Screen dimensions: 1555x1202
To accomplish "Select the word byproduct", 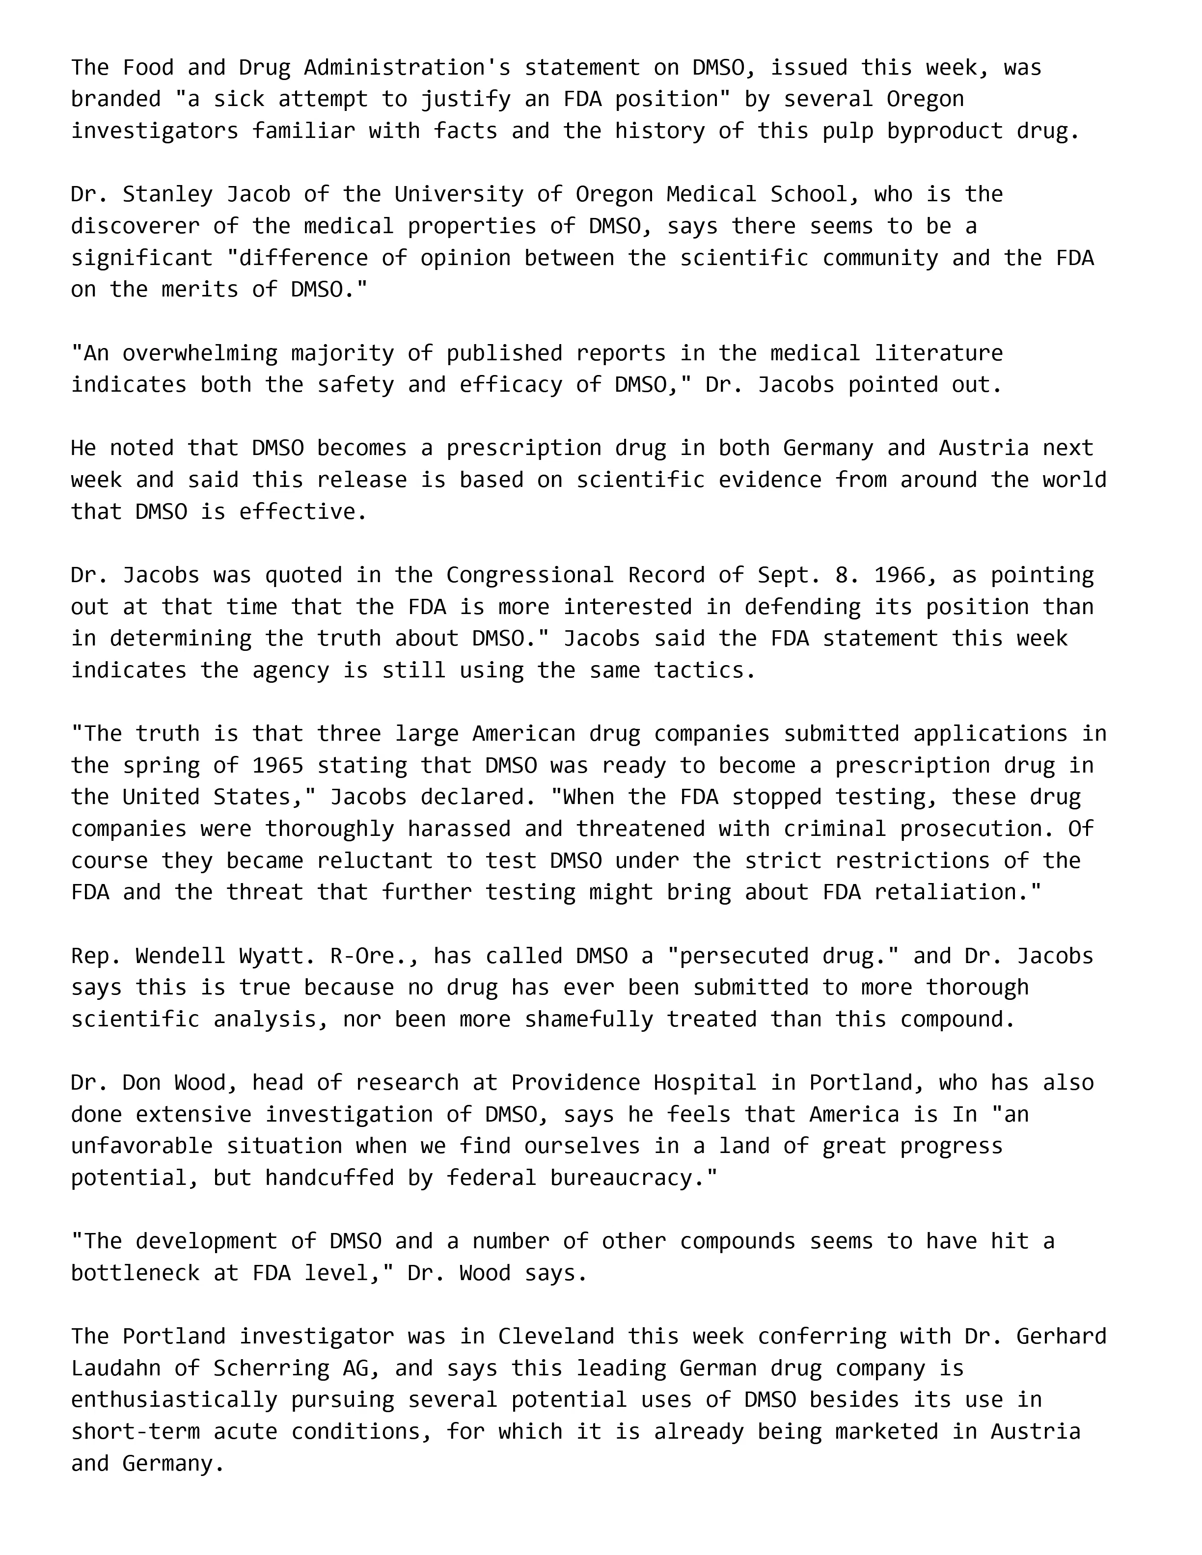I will point(944,131).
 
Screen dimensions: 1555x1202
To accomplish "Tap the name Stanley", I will point(167,194).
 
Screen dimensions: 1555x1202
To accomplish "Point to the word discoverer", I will point(136,226).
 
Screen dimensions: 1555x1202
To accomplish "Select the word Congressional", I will point(530,575).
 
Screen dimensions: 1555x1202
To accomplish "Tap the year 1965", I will point(278,765).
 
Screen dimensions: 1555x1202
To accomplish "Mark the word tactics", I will point(705,670).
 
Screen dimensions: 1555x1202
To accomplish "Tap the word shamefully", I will point(589,1019).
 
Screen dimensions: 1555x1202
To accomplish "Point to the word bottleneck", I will point(136,1273).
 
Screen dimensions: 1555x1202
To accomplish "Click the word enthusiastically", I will point(174,1400).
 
